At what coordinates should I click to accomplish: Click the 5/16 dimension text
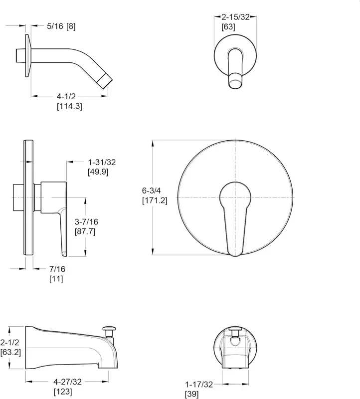tap(55, 26)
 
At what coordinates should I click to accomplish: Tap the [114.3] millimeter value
tap(69, 106)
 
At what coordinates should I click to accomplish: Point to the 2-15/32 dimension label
tap(235, 17)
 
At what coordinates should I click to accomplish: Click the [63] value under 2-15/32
tap(228, 27)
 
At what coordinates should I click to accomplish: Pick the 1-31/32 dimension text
tap(102, 162)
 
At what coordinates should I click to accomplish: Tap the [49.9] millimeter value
tap(98, 172)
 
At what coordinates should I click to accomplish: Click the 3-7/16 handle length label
tap(86, 222)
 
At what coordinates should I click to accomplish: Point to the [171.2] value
tap(155, 200)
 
